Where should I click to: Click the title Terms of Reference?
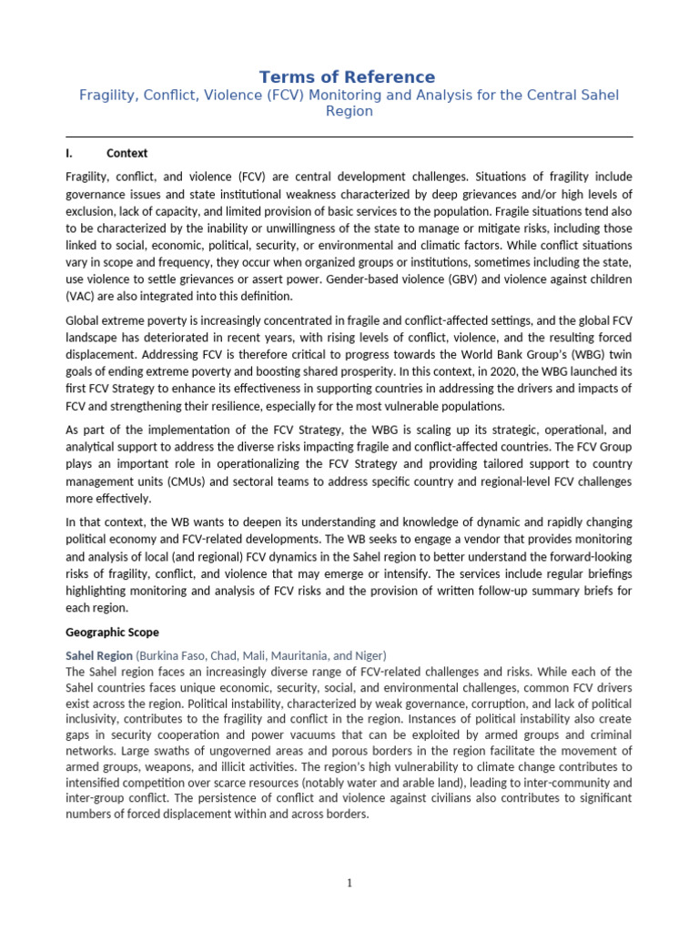pyautogui.click(x=348, y=77)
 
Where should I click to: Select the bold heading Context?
pyautogui.click(x=127, y=154)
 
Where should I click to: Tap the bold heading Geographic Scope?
pyautogui.click(x=113, y=631)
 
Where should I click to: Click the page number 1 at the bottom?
pyautogui.click(x=349, y=882)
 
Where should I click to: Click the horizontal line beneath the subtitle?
pyautogui.click(x=349, y=137)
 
